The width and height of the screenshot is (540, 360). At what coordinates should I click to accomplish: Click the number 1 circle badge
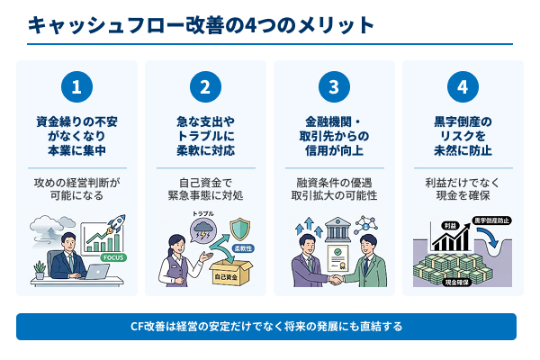click(76, 87)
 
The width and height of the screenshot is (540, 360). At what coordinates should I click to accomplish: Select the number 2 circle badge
click(205, 87)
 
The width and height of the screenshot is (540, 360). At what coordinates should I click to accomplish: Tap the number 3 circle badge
click(334, 87)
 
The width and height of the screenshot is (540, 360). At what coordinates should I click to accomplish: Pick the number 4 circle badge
click(463, 87)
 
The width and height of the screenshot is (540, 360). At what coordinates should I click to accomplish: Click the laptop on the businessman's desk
click(95, 270)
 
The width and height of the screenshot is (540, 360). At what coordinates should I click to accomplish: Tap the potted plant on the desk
click(39, 268)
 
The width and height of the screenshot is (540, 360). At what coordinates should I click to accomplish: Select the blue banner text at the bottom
click(266, 326)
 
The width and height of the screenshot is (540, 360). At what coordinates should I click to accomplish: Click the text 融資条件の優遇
click(334, 180)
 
